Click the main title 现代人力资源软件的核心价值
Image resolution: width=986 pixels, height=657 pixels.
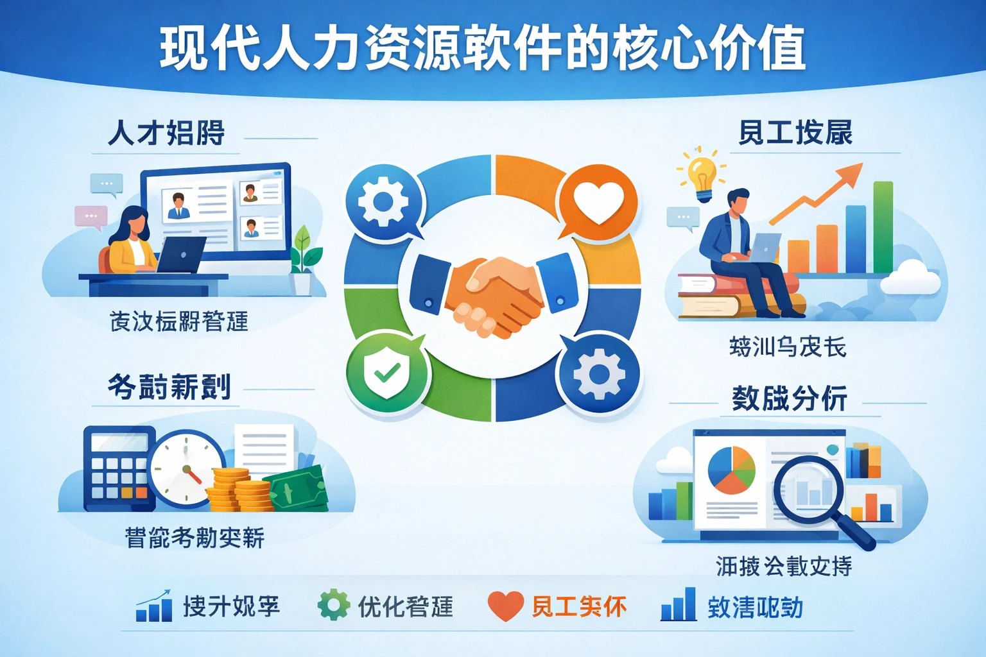(482, 47)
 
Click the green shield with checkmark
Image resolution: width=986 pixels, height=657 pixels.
(387, 372)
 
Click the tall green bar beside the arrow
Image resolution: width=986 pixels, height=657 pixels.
(883, 228)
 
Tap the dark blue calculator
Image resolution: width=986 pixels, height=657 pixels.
(119, 468)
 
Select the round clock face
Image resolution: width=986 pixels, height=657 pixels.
(186, 468)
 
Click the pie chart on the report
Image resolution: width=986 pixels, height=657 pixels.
(731, 470)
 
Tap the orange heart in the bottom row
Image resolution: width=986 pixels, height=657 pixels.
(505, 605)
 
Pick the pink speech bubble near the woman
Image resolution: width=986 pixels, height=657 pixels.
(91, 216)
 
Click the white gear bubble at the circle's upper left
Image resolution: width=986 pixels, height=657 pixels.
(384, 201)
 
